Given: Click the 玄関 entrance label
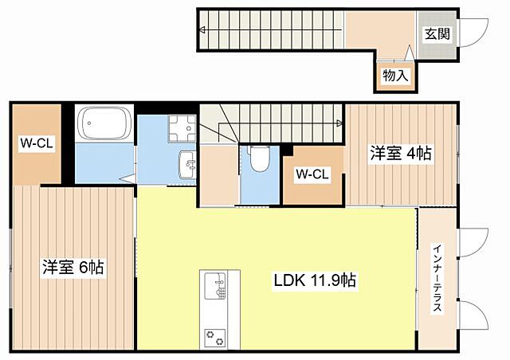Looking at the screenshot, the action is (x=437, y=33).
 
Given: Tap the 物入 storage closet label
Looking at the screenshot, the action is (x=395, y=76).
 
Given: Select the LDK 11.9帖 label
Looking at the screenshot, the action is (x=315, y=280).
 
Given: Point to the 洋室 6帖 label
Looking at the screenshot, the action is (x=73, y=267).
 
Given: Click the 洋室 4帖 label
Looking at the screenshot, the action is (x=401, y=153).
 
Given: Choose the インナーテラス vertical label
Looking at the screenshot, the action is (x=437, y=277).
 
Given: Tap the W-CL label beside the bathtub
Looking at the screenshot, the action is (x=37, y=143).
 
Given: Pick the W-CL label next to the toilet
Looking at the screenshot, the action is (x=312, y=174).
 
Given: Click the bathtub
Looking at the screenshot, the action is (x=104, y=123).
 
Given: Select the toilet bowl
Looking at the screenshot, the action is (x=260, y=158).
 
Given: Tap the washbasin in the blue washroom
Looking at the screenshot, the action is (x=188, y=164).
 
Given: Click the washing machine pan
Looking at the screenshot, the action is (x=182, y=128).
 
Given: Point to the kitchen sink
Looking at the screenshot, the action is (x=215, y=285).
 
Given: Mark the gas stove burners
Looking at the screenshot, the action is (x=215, y=337).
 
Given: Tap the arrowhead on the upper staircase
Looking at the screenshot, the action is (x=202, y=30).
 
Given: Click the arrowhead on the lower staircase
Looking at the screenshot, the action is (x=340, y=123).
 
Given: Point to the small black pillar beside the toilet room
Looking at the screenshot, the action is (x=287, y=151).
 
